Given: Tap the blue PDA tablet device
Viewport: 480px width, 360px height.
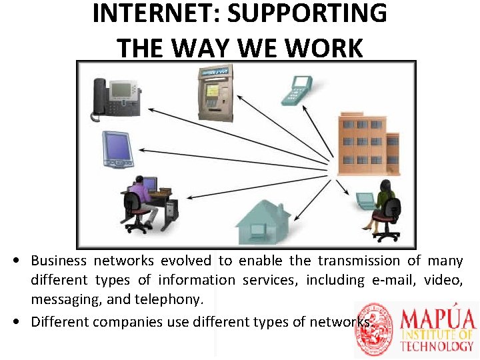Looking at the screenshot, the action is [x=117, y=149].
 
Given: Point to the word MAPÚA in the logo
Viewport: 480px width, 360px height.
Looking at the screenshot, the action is [x=439, y=318].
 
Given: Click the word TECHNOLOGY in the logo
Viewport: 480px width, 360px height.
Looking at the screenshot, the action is [x=437, y=346].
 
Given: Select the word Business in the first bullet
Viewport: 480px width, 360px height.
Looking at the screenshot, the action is [x=59, y=261].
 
